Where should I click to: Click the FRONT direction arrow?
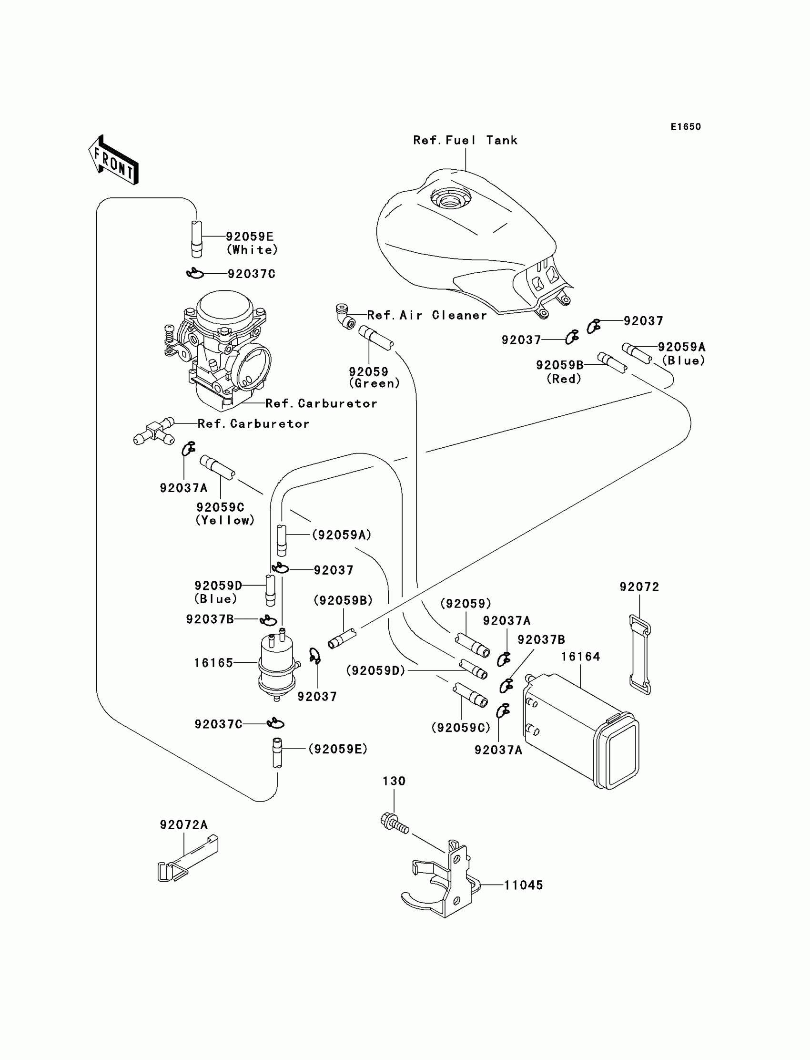tap(114, 161)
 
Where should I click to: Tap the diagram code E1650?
tap(686, 127)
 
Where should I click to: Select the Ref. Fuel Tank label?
tap(465, 140)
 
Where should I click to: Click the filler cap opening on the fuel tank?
tap(450, 197)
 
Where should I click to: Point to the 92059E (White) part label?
tap(251, 243)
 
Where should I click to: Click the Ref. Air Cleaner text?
tap(427, 316)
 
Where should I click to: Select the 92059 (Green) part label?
tap(374, 377)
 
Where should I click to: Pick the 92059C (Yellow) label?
tap(225, 514)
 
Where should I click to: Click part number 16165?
tap(213, 663)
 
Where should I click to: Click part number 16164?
tap(580, 657)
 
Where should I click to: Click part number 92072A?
tap(184, 825)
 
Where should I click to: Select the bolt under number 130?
tap(395, 823)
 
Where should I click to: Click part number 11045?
tap(524, 885)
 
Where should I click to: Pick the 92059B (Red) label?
tap(561, 371)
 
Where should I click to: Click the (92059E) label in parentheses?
tap(338, 749)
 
